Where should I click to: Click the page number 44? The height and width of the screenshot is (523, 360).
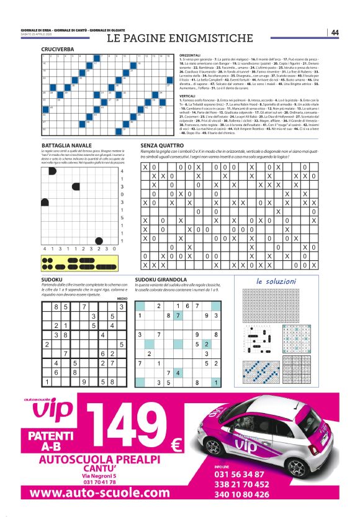click(x=335, y=32)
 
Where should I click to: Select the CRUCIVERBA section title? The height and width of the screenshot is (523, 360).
click(x=57, y=48)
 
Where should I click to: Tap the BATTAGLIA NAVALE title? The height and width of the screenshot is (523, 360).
click(x=63, y=145)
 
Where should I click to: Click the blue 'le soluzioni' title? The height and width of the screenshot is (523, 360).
click(x=276, y=282)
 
